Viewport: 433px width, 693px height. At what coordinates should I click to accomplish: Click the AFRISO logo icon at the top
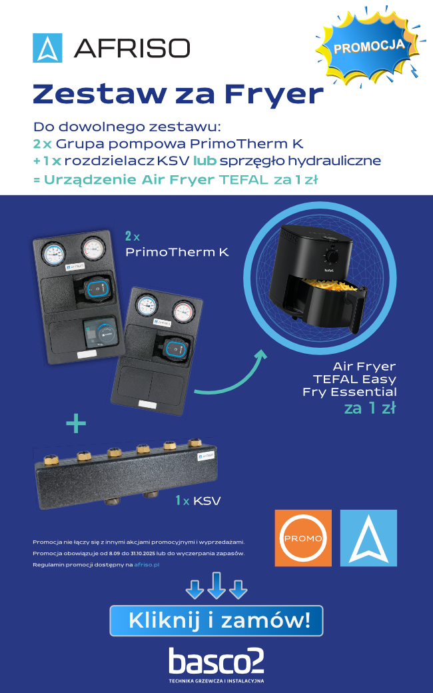click(47, 48)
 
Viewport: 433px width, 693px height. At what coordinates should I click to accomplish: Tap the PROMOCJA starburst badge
click(368, 45)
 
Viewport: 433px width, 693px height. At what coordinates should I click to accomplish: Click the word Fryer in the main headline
click(274, 94)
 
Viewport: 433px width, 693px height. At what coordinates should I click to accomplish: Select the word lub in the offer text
click(205, 161)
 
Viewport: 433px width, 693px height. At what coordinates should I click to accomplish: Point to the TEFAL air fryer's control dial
click(332, 256)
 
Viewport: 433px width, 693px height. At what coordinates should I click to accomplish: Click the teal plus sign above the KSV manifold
click(76, 423)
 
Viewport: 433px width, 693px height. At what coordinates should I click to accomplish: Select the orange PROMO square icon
click(303, 538)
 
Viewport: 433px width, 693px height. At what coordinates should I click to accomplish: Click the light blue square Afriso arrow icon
click(368, 538)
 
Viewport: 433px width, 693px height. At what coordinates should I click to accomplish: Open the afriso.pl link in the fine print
click(147, 565)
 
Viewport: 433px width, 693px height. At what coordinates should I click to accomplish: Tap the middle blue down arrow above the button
click(217, 585)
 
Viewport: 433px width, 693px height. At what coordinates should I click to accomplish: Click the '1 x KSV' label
click(199, 500)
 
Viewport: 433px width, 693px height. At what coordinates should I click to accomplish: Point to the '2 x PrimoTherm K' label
click(177, 245)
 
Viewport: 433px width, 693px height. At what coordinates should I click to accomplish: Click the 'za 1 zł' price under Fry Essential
click(370, 408)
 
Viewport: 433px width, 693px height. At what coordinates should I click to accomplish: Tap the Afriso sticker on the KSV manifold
click(206, 455)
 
